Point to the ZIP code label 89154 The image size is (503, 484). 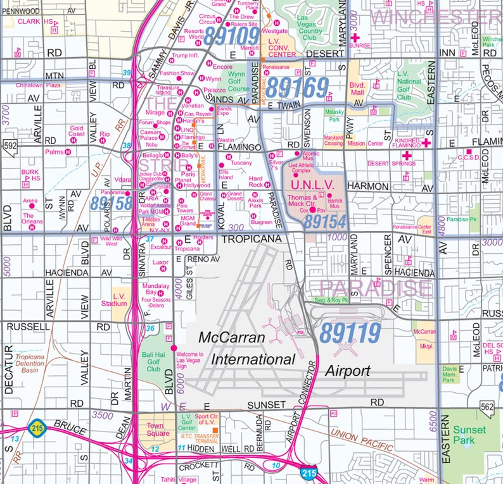[x=324, y=222]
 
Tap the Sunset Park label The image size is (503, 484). [x=469, y=435]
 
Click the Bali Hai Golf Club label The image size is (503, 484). [x=153, y=363]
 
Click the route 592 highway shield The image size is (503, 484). [x=10, y=146]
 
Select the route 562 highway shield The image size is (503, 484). [x=487, y=407]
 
